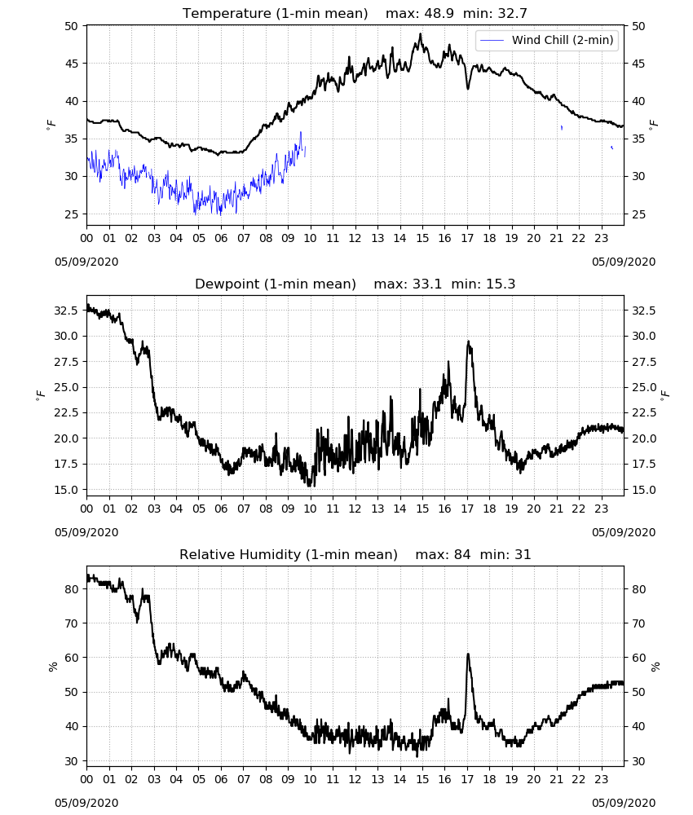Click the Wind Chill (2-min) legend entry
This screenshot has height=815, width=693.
547,40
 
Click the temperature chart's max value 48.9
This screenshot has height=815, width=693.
439,13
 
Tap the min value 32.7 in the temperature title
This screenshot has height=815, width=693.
513,13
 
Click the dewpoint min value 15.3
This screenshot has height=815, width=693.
501,284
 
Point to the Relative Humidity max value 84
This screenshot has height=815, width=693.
462,554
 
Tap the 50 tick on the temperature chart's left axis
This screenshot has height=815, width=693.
71,26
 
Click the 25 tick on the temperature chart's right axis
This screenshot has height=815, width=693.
638,214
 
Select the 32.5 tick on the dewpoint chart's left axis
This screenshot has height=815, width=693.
66,311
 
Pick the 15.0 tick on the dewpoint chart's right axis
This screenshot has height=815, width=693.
644,490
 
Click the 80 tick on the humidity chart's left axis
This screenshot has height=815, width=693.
71,589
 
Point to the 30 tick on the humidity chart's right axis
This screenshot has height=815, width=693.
638,761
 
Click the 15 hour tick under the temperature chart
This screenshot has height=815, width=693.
422,238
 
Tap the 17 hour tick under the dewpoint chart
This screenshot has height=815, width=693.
467,509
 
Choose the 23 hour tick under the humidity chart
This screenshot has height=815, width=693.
601,779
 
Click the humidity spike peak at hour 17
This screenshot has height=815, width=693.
468,654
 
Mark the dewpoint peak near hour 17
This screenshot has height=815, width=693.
468,341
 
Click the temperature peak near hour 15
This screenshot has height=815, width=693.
420,33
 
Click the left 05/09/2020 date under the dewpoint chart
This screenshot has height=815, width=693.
86,532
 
